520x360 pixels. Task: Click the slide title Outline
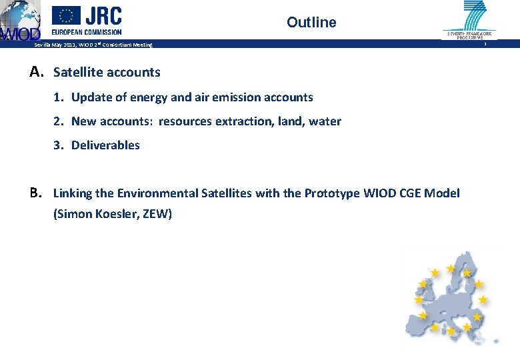311,23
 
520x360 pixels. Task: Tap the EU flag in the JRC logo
66,15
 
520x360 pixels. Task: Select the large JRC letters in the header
103,15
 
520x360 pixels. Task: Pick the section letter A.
37,71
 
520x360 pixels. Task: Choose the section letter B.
37,193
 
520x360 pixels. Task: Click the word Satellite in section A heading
79,72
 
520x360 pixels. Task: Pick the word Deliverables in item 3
105,145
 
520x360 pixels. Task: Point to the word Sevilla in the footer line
44,45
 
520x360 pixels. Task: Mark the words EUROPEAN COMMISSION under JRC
87,31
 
